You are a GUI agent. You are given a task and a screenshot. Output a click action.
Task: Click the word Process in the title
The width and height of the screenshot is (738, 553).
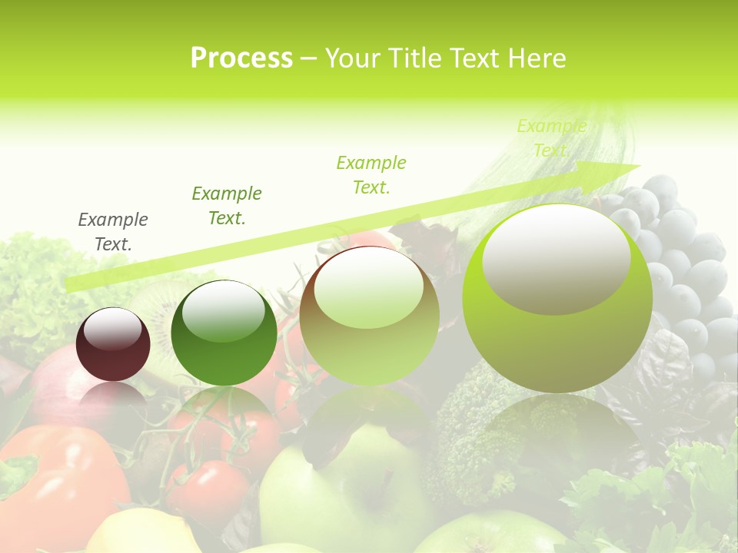(x=241, y=58)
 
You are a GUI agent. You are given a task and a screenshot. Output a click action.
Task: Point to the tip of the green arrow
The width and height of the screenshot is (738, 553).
(x=638, y=165)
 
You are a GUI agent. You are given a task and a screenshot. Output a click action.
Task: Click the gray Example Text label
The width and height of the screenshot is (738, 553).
(x=113, y=232)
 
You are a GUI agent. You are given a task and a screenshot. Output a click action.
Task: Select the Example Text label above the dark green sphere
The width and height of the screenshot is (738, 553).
(x=227, y=206)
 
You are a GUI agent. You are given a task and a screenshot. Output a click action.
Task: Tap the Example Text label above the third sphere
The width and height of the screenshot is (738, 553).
(x=371, y=174)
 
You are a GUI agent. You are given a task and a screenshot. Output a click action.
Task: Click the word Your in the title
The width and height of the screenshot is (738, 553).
(x=354, y=58)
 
